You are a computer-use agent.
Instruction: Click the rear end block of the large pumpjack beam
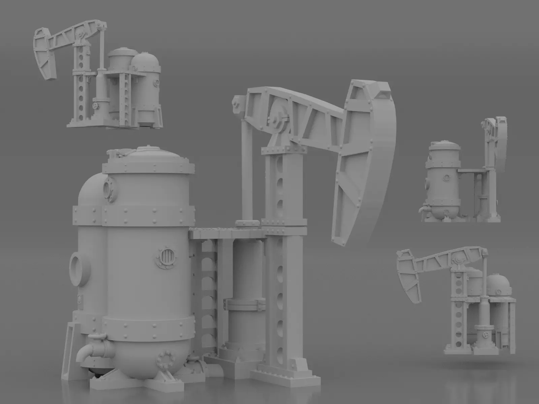click(238, 103)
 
